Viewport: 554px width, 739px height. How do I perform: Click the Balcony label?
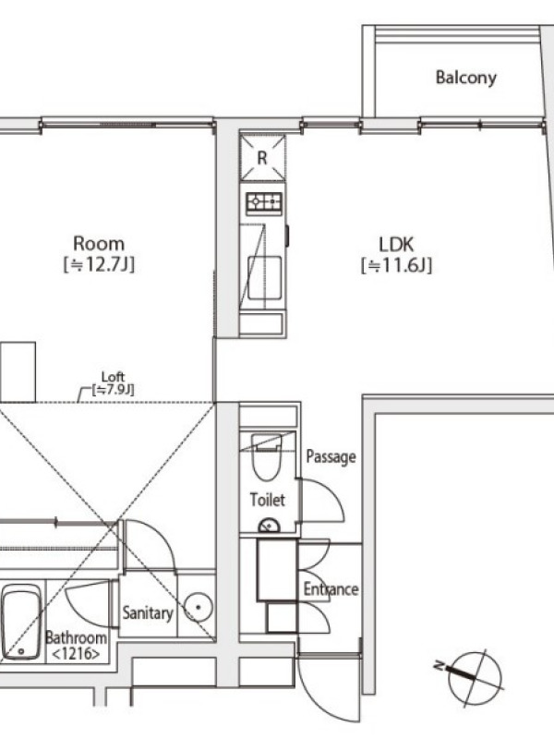coord(465,78)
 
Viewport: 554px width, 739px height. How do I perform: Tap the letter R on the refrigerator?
coord(262,158)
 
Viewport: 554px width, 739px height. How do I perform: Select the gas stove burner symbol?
coord(264,202)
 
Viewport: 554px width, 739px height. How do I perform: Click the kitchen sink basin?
coord(265,278)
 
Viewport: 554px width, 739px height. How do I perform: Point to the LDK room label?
coord(396,245)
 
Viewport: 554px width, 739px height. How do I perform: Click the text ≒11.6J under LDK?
coord(396,265)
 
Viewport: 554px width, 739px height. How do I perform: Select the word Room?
coord(99,244)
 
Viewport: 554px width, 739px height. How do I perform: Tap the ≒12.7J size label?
coord(99,264)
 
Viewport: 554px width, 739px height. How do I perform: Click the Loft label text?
coord(113,377)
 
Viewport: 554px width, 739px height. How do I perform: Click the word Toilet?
coord(267,500)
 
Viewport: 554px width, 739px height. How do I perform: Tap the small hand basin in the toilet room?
coord(269,525)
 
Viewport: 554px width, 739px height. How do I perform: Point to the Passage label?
coord(331,456)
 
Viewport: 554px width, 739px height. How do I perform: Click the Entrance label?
coord(331,589)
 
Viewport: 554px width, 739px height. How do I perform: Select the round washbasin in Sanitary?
coord(198,607)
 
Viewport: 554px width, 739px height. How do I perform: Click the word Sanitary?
coord(148,612)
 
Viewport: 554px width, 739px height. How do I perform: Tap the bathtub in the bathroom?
coord(20,622)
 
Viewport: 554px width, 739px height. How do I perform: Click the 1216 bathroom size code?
coord(76,654)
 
